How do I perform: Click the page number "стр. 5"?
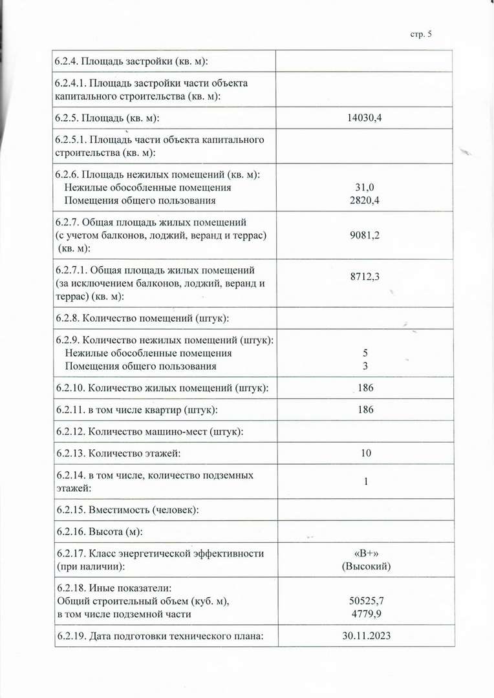tap(420, 34)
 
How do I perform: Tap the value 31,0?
tap(365, 187)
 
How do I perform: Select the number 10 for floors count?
tap(366, 453)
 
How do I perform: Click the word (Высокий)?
tap(366, 566)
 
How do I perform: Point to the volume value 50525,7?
tap(365, 601)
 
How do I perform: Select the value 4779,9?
tap(365, 614)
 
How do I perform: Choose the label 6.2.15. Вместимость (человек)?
tap(127, 509)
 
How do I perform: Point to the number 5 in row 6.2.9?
tap(366, 354)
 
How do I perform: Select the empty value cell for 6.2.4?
tap(364, 61)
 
